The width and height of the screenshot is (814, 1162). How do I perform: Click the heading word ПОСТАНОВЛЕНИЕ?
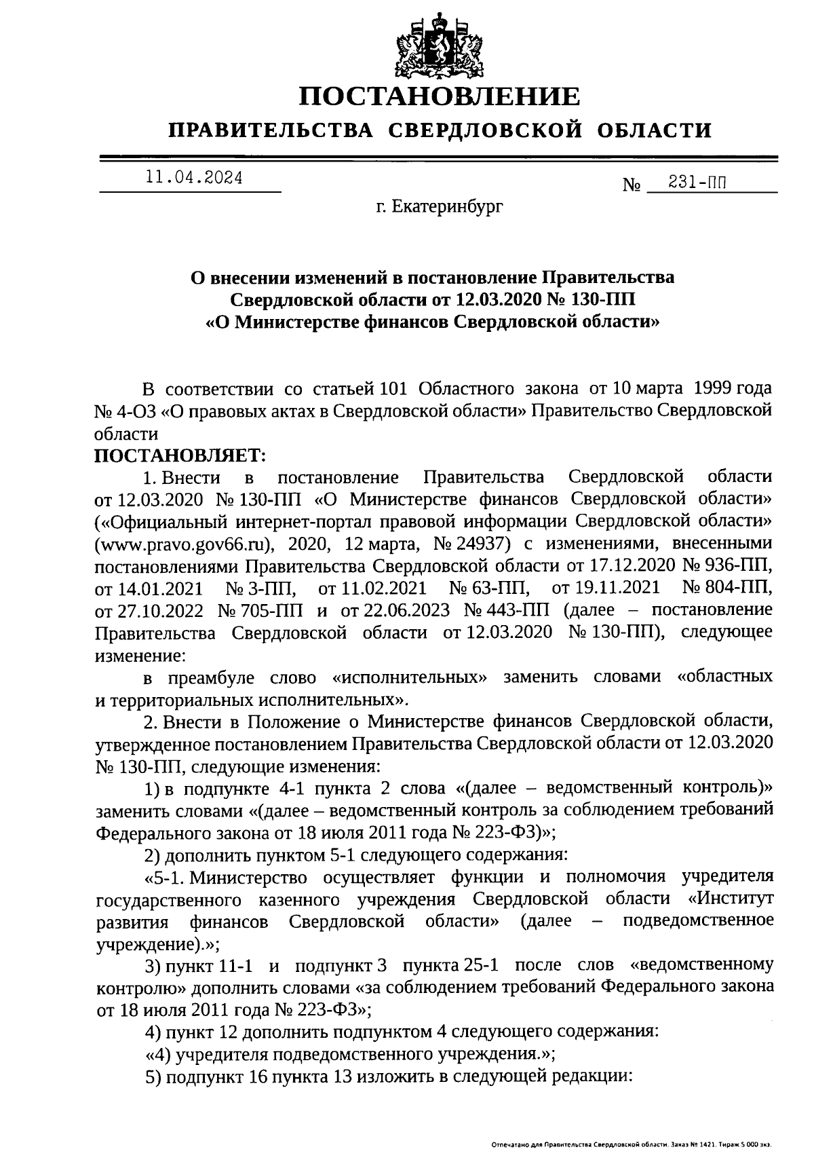point(440,96)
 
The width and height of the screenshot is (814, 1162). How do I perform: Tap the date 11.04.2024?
point(193,179)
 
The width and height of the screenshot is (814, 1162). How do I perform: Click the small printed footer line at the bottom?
point(631,1144)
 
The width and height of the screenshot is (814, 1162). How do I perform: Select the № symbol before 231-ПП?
point(632,185)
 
